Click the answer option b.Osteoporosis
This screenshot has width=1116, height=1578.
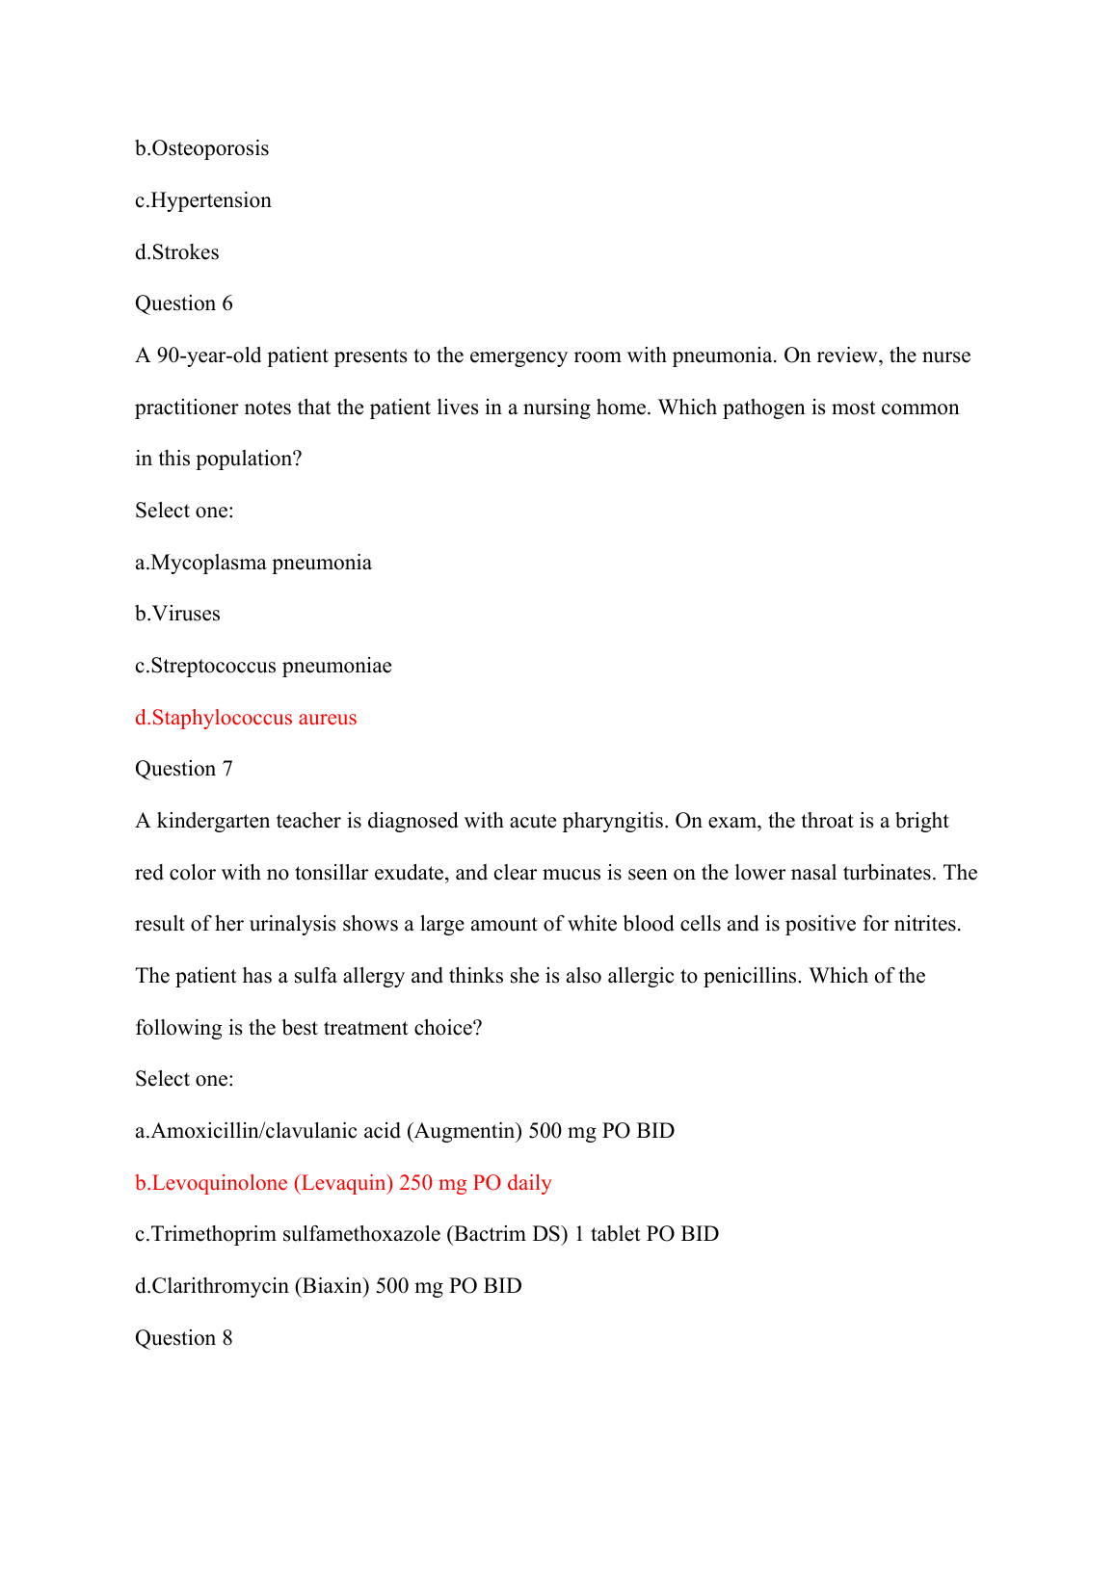click(201, 148)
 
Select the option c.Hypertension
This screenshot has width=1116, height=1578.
click(202, 200)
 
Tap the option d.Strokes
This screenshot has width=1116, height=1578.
click(176, 252)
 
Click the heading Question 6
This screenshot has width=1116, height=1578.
click(183, 303)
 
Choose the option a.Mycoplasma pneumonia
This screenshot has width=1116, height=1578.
click(252, 563)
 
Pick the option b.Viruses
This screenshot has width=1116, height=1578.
click(177, 614)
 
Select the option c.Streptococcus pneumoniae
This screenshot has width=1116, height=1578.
click(263, 666)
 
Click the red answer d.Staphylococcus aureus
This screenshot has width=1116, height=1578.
click(246, 718)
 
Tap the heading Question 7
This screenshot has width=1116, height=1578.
click(183, 769)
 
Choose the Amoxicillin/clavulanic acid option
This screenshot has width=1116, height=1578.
click(405, 1131)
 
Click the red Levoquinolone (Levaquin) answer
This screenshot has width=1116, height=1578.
click(343, 1183)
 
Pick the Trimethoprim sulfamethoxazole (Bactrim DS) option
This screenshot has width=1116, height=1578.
click(427, 1234)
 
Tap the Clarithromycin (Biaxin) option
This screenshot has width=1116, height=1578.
click(328, 1286)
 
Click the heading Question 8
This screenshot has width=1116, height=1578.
click(183, 1338)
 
